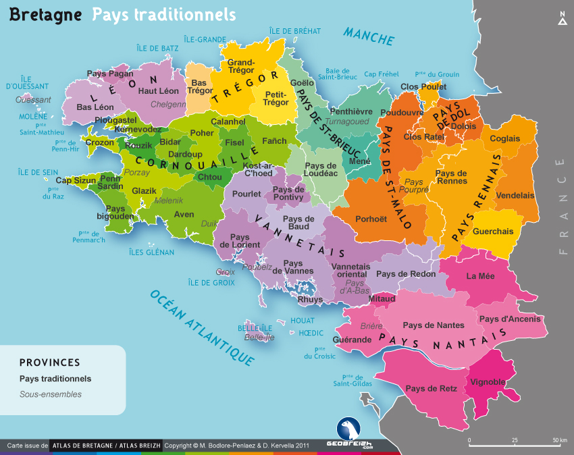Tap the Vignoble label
point(488,381)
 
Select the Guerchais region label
point(493,231)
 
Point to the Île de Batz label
point(157,48)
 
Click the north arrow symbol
point(562,19)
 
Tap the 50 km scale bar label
point(559,440)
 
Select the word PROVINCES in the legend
point(50,363)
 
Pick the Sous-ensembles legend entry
point(51,394)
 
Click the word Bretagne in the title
point(44,14)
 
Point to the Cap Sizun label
point(75,180)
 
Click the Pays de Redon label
point(406,273)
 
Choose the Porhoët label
point(371,219)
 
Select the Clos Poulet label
point(423,86)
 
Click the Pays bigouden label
point(115,213)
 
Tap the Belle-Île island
point(255,333)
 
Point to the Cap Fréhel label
point(382,74)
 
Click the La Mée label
point(480,275)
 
